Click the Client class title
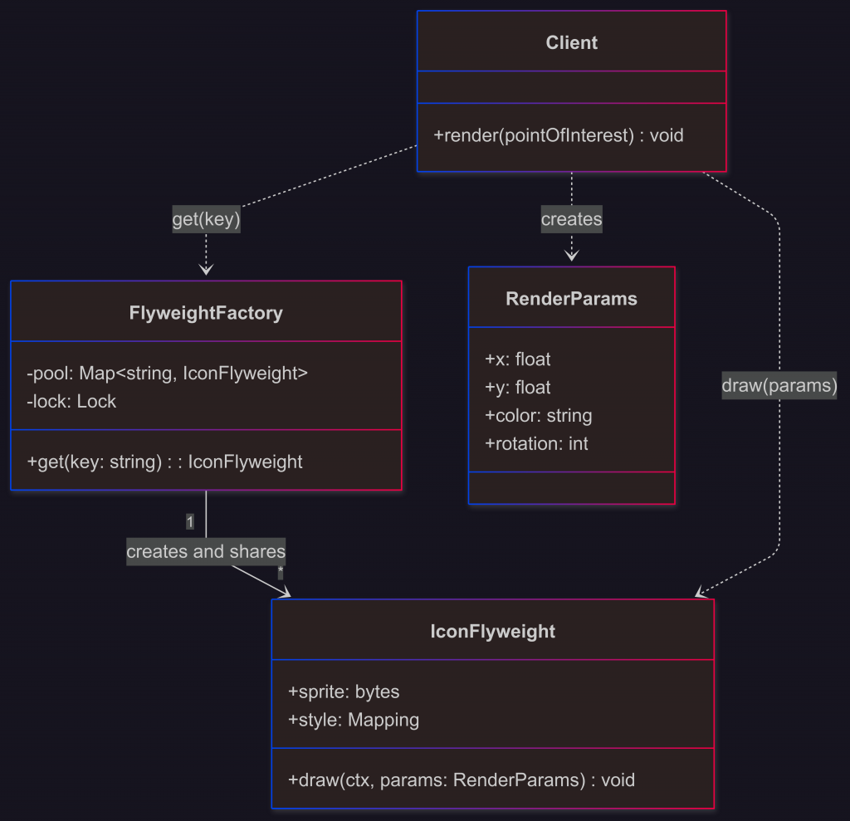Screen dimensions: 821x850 point(571,42)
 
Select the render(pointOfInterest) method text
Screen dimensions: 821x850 point(559,135)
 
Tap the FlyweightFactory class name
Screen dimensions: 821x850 point(206,313)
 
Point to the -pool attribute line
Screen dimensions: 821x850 point(167,374)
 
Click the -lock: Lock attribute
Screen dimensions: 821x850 point(71,402)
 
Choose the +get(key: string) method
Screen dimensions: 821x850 point(164,462)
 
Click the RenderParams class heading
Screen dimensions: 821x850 point(571,299)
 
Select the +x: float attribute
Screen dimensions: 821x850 point(517,359)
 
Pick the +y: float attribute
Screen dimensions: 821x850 point(517,388)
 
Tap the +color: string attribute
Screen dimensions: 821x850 point(538,416)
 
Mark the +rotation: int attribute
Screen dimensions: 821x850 point(536,444)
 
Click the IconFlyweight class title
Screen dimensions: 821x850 point(492,632)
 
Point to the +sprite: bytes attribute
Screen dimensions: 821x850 point(344,692)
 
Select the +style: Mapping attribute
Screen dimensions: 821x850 point(353,721)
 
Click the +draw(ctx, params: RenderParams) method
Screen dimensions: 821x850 point(461,780)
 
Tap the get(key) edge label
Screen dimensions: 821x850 point(206,220)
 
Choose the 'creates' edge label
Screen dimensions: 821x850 point(571,220)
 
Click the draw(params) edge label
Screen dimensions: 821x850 point(779,386)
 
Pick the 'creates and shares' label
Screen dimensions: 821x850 point(206,552)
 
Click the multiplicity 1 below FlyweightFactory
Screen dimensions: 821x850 point(190,522)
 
